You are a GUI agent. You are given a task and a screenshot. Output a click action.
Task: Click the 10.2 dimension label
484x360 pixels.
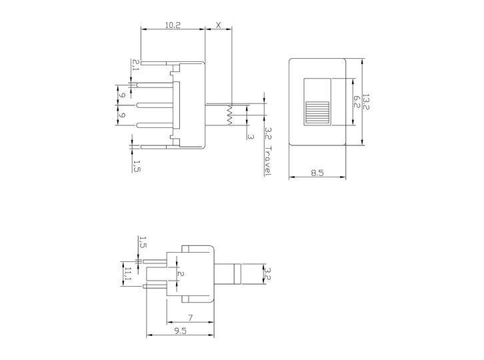point(173,25)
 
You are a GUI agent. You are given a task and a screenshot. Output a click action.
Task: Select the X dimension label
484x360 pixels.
point(219,25)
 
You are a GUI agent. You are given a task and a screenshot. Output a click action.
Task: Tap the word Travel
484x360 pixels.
point(268,161)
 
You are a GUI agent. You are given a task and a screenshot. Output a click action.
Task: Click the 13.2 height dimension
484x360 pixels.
point(366,101)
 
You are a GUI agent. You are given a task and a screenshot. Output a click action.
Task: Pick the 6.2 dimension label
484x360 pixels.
point(357,101)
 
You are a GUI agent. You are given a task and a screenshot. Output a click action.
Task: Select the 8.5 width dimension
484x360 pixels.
point(317,173)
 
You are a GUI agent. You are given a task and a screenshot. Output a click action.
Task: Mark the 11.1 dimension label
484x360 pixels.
point(128,275)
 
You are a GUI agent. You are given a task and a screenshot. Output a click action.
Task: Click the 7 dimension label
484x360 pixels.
point(191,318)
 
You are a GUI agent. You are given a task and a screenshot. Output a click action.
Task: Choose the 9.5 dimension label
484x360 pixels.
point(181,331)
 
